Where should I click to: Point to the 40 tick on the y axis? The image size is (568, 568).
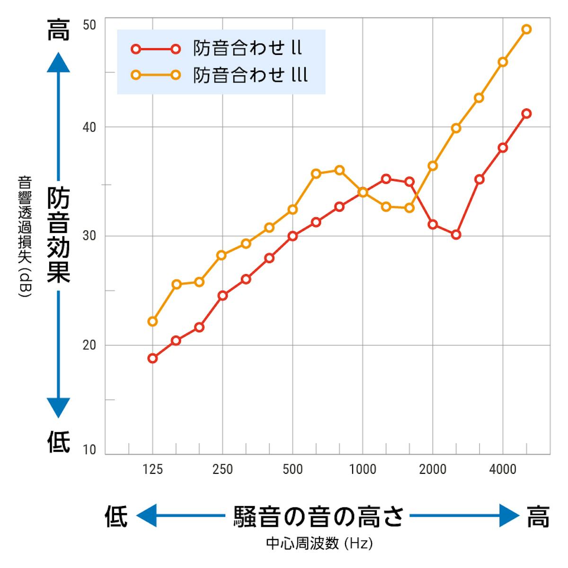89,127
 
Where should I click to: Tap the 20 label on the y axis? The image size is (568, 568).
89,345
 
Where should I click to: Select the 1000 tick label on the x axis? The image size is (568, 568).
363,470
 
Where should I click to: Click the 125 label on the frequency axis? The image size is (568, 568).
152,470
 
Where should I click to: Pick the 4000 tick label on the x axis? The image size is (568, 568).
503,470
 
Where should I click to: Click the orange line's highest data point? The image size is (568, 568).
526,29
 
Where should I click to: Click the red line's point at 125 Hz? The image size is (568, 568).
152,358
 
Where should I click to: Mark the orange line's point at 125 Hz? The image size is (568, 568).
152,321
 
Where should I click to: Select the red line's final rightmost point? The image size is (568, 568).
526,114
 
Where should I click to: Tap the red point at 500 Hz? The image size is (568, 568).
293,236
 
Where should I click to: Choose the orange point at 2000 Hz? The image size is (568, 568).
433,166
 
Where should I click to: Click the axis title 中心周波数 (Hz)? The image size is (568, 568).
319,543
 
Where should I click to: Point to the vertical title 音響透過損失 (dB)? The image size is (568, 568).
24,237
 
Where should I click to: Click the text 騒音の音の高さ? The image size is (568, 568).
319,516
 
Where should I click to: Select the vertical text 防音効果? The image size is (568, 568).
59,234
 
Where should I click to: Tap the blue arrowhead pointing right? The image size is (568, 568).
510,515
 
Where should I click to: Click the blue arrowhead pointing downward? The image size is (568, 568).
59,408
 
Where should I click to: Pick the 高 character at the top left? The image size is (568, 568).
59,29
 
